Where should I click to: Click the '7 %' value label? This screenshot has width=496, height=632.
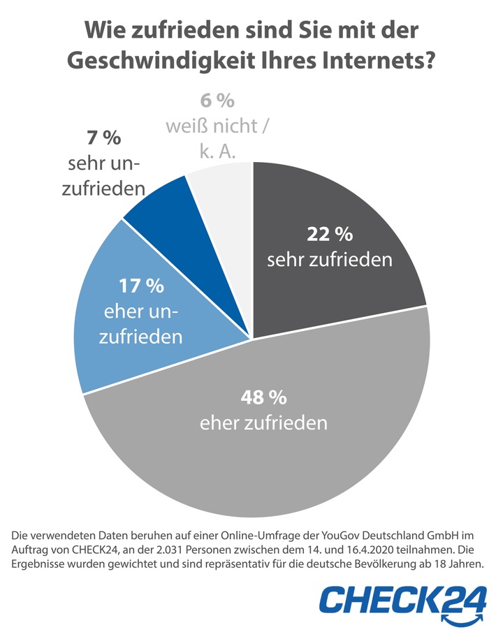(104, 138)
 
